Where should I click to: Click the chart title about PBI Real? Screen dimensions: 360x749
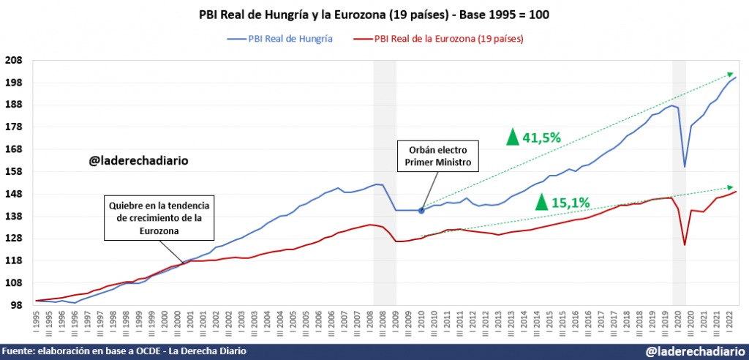[374, 15]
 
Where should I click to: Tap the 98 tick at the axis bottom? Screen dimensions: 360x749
[16, 305]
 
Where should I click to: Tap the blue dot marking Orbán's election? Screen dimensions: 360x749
[421, 211]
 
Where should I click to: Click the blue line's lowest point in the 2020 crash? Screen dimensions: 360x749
[685, 167]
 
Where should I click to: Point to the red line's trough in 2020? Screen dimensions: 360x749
[685, 244]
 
